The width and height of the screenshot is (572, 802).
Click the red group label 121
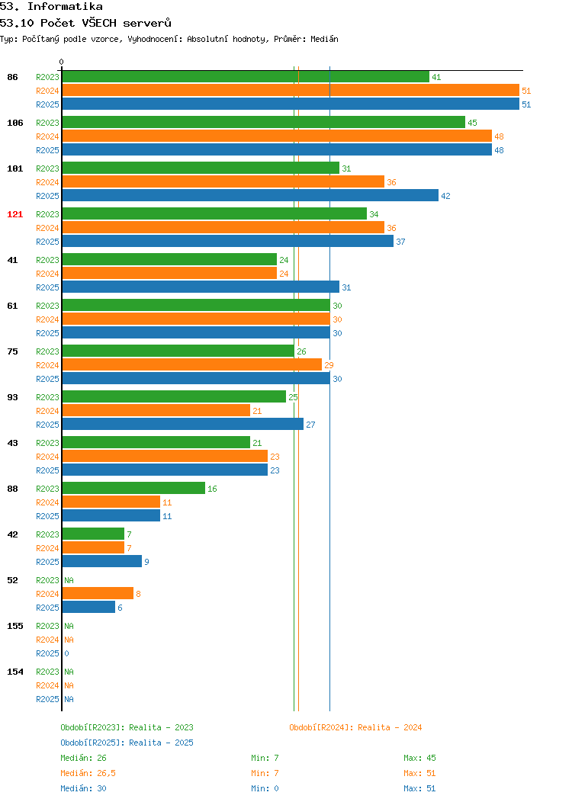click(14, 214)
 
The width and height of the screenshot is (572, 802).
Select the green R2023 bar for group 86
click(246, 77)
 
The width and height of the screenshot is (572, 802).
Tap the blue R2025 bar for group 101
click(250, 195)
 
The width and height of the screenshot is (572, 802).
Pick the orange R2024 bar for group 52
click(98, 593)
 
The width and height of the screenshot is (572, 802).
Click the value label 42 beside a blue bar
click(445, 196)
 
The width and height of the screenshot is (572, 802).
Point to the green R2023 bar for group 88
click(133, 489)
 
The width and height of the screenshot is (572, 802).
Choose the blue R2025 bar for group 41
click(201, 287)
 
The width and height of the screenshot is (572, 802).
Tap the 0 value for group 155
click(66, 653)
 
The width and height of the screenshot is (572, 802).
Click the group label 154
click(14, 672)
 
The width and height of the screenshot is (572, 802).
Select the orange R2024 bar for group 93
click(156, 410)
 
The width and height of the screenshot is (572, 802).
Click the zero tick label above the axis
click(62, 62)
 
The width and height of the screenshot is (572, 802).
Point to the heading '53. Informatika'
click(51, 7)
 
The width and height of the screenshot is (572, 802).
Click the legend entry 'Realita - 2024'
click(355, 727)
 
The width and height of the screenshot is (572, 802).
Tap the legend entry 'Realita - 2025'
click(127, 743)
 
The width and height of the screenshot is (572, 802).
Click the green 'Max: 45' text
click(419, 758)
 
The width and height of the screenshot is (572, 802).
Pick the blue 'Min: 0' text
click(265, 789)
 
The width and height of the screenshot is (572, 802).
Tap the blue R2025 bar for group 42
click(101, 561)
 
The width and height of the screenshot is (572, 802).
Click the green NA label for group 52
click(69, 580)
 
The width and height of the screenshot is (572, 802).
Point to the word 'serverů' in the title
click(147, 23)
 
